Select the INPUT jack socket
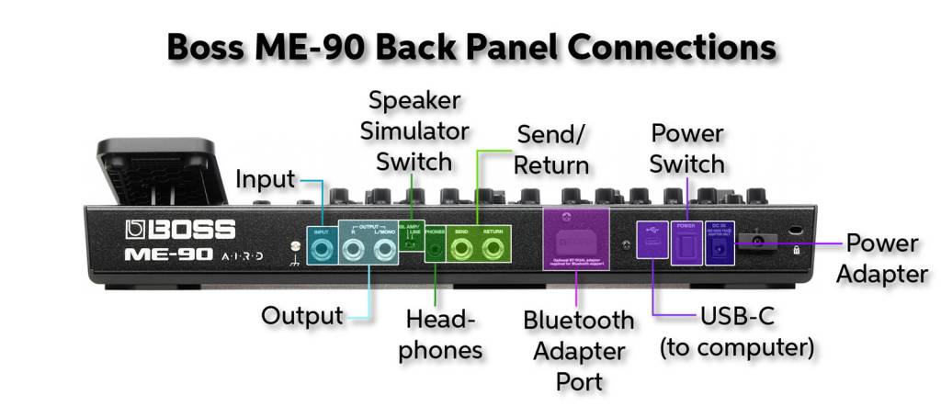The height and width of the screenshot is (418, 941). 321,250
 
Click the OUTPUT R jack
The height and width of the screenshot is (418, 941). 354,250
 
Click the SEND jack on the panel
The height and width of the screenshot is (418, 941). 463,251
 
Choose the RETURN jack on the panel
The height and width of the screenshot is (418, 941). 493,251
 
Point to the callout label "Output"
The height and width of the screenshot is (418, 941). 302,316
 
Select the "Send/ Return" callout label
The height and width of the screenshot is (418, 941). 550,151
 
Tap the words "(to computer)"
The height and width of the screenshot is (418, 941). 738,349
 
